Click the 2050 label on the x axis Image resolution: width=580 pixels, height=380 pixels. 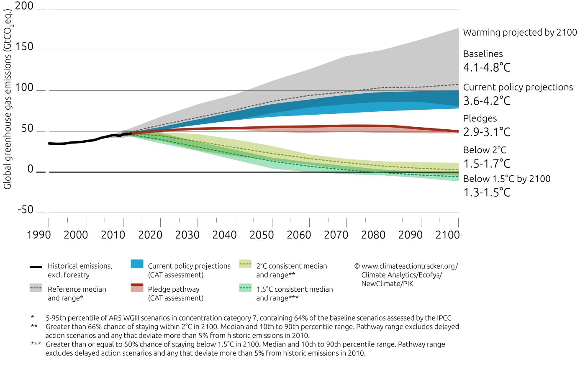[262, 235]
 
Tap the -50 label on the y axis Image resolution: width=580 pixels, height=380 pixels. [26, 210]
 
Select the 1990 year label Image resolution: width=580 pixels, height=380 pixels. [38, 235]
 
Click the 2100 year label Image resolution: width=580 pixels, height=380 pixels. [447, 235]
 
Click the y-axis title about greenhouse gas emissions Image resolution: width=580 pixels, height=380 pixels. [8, 99]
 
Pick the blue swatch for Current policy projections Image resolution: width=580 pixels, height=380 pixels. [137, 264]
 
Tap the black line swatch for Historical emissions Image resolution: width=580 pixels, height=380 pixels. [36, 267]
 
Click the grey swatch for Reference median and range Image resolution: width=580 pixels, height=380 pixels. [36, 288]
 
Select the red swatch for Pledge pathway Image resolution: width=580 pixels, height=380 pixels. [137, 288]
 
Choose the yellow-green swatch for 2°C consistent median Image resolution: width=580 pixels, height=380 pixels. [245, 264]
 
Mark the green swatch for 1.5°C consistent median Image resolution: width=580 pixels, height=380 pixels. [245, 288]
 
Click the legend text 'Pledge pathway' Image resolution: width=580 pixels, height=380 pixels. [174, 289]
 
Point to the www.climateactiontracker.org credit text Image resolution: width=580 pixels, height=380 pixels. [409, 266]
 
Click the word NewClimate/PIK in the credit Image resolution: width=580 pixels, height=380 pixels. [388, 284]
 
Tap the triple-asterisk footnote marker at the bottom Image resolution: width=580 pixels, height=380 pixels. [36, 344]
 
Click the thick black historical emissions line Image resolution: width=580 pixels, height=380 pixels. [84, 141]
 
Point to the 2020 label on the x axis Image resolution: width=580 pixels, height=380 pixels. [150, 235]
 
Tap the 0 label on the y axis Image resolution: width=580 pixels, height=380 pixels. [30, 169]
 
